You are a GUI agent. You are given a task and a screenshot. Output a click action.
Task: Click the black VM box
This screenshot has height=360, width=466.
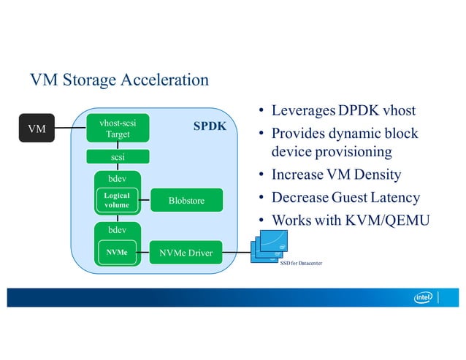point(36,129)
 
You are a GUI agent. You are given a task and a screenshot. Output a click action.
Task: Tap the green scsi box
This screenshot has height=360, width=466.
point(118,156)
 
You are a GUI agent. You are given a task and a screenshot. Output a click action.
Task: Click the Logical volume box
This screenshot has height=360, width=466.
point(117,201)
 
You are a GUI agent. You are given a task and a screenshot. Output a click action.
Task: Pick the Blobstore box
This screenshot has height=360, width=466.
point(186,201)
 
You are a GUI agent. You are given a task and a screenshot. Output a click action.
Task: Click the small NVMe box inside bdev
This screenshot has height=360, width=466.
point(117,253)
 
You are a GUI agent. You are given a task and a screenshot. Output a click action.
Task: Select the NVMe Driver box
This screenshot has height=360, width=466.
point(186,253)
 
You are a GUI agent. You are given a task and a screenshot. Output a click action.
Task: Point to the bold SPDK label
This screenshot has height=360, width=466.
point(209,126)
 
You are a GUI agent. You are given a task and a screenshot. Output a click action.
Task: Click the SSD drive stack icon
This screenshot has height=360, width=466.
point(272,244)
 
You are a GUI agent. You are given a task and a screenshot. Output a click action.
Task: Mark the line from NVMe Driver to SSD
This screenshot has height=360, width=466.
point(234,253)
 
